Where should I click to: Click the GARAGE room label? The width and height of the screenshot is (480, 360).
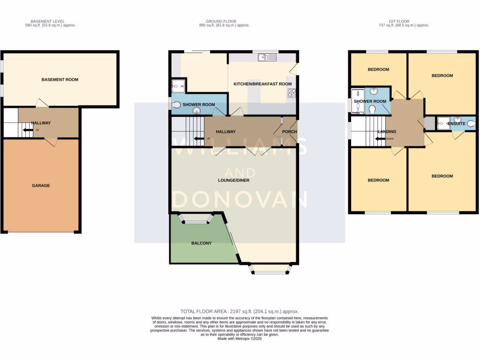(41, 186)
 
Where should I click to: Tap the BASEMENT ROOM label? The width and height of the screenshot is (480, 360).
(60, 80)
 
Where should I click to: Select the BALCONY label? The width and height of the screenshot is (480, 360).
(202, 243)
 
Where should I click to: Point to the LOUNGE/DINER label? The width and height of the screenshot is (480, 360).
(233, 180)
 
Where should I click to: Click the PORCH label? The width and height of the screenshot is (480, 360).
(289, 132)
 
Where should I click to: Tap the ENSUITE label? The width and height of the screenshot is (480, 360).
(456, 123)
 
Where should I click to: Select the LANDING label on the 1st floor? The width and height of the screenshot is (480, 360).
(387, 132)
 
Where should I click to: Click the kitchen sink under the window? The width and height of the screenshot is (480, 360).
(267, 58)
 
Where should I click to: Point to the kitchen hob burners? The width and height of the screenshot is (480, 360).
(292, 93)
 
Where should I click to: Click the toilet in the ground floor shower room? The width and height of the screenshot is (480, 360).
(176, 105)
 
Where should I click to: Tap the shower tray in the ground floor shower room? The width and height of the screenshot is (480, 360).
(178, 86)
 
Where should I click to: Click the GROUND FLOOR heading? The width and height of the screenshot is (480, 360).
(221, 22)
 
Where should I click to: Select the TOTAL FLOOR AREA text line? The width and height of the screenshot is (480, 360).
(240, 311)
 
